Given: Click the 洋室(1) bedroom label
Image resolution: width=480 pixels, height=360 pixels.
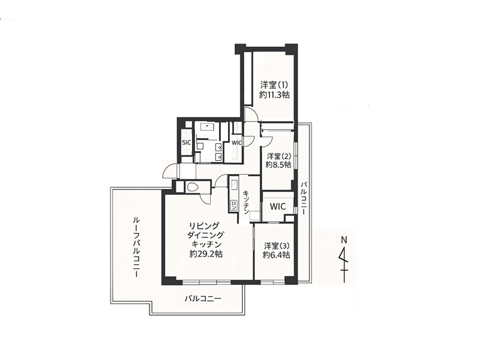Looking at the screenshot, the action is click(x=275, y=85).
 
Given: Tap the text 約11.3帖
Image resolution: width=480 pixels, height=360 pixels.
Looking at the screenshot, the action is click(x=275, y=95).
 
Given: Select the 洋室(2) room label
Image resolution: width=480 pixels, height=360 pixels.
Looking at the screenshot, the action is click(x=278, y=156).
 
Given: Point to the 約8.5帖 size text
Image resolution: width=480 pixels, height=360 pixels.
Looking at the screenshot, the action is click(x=278, y=164).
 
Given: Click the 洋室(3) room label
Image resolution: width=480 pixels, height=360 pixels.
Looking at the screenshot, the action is click(x=277, y=246).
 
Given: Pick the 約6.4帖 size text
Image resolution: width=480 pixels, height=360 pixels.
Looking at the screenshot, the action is click(x=277, y=254).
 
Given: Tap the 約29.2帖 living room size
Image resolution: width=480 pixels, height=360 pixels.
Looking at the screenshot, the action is click(x=206, y=254).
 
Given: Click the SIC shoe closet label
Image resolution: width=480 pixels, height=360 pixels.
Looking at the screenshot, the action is click(x=187, y=142).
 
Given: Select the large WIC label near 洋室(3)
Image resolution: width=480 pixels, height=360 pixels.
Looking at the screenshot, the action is click(x=278, y=206).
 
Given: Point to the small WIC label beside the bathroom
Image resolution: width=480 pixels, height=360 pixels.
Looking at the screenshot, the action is click(x=236, y=143).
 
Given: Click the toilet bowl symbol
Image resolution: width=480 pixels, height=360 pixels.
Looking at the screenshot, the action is click(x=193, y=187).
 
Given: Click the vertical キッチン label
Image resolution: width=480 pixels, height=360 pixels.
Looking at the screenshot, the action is click(x=246, y=202).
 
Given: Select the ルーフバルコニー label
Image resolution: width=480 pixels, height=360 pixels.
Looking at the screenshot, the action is click(x=136, y=247).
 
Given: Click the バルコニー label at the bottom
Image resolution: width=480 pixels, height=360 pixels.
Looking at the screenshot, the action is click(x=203, y=298).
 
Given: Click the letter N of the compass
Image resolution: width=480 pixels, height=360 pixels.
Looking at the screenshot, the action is click(x=344, y=240).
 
